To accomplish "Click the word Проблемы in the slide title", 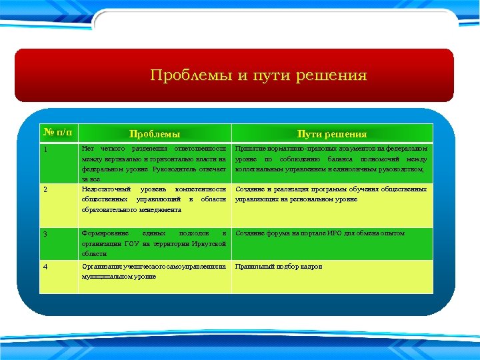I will (x=191, y=75).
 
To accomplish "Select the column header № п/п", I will (x=57, y=133).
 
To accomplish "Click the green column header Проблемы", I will (x=154, y=134).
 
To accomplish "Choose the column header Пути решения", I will (x=332, y=134).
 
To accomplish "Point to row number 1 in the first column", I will (x=45, y=149).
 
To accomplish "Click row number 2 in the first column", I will (x=45, y=189).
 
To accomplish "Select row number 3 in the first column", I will (x=45, y=234).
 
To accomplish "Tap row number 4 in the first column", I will (x=45, y=267).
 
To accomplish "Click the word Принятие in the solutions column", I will (x=250, y=149).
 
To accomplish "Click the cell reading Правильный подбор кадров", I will (x=279, y=266).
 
